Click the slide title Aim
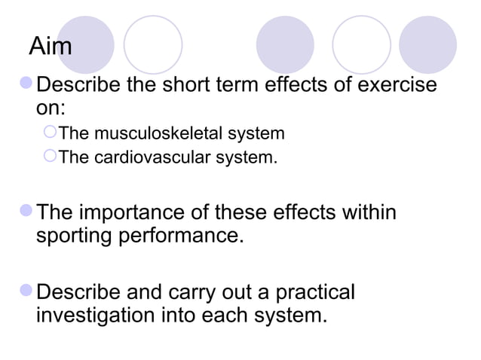coord(51,47)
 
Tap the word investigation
coord(97,314)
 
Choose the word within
coord(363,213)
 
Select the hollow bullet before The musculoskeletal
coord(51,135)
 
